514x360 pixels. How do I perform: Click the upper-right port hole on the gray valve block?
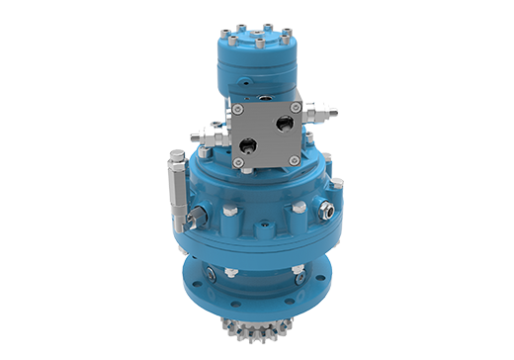coord(286,123)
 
